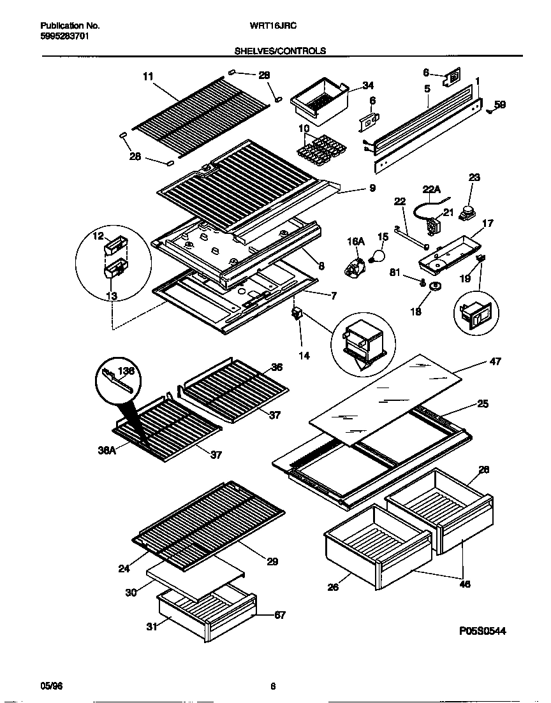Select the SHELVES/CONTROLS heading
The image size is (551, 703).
(280, 50)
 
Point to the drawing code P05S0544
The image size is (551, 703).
(482, 631)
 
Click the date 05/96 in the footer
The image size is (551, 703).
(52, 686)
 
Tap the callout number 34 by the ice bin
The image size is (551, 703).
(368, 85)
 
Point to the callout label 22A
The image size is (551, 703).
(432, 189)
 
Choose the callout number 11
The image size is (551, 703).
(148, 76)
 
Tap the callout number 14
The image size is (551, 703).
(304, 356)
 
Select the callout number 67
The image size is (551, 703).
(279, 615)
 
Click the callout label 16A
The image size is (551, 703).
(355, 242)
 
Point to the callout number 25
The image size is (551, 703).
(482, 404)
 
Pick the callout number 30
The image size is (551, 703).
(130, 592)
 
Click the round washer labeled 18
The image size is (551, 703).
(436, 288)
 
